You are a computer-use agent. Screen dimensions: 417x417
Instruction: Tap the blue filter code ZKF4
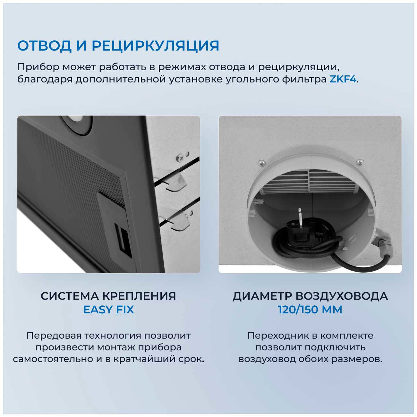tap(343, 79)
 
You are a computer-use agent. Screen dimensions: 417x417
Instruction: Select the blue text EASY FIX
tap(108, 310)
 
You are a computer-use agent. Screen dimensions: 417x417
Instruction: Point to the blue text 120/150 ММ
tap(310, 310)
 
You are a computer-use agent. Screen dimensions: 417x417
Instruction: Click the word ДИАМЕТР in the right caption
tap(262, 296)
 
